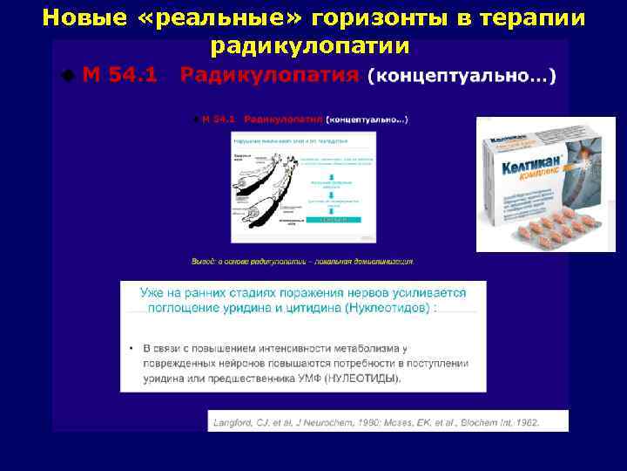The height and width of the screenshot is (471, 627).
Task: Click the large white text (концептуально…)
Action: coord(462,76)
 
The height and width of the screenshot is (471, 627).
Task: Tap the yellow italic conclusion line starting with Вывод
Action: coord(302,261)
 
